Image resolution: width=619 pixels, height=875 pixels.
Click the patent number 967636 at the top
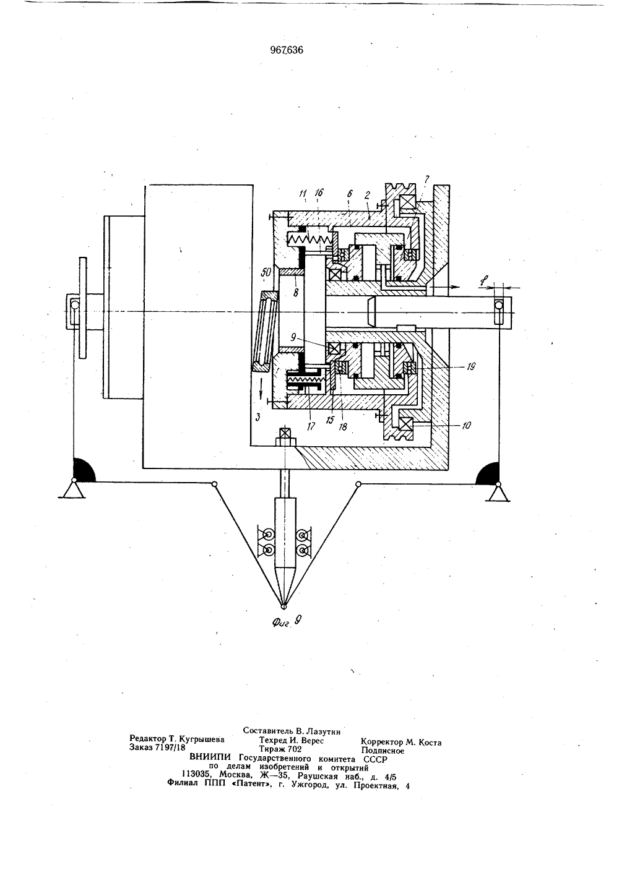point(287,50)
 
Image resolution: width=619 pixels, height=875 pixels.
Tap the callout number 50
point(267,272)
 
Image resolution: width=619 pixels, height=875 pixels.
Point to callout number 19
point(470,366)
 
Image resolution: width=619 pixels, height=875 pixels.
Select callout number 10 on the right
point(466,425)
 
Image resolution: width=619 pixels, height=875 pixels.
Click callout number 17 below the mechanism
point(311,426)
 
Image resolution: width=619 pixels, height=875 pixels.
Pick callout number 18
point(343,426)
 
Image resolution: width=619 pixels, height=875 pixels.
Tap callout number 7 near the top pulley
point(426,179)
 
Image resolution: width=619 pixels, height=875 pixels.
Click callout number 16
point(319,192)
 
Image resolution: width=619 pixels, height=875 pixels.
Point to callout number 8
point(296,292)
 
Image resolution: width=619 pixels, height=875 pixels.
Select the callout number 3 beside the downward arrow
point(258,417)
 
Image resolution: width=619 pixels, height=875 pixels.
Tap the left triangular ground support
point(72,490)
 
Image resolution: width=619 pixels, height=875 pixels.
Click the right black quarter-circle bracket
point(488,473)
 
